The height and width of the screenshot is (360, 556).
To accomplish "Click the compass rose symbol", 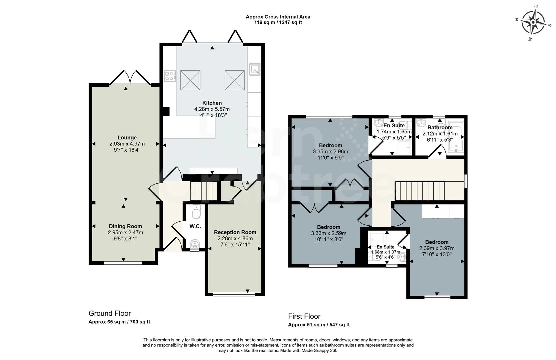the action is click(x=533, y=23).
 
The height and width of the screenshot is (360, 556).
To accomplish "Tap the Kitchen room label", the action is click(x=212, y=103).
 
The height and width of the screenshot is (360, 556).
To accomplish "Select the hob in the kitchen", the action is click(x=170, y=76).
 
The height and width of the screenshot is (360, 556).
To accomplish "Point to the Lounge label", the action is click(x=127, y=138).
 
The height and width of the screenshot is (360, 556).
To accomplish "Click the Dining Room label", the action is click(x=125, y=226).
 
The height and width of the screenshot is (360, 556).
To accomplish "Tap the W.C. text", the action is click(x=195, y=226).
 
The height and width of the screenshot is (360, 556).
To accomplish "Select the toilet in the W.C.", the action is click(x=196, y=212).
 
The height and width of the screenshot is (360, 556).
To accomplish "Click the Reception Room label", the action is click(x=235, y=232).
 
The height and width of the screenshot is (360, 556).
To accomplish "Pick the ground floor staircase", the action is click(x=204, y=191).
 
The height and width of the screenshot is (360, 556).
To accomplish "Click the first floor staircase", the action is click(x=420, y=191).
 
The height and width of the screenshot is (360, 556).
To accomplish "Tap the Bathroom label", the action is click(x=440, y=127).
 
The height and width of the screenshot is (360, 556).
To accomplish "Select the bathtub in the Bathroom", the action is click(x=456, y=137).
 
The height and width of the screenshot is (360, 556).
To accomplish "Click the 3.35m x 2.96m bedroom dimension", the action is click(x=330, y=152).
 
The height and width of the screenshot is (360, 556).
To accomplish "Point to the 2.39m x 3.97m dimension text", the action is click(x=437, y=248).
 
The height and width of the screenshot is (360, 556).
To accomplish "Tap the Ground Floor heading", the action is click(x=110, y=313).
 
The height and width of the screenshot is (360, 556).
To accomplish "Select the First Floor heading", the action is click(x=304, y=316).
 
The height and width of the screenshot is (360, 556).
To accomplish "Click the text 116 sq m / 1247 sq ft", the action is click(x=278, y=22).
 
